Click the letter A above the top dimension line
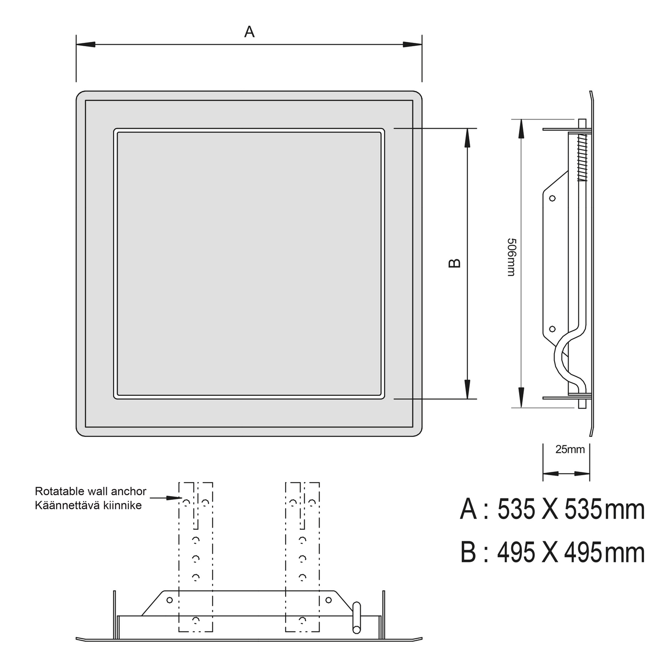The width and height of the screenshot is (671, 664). (x=249, y=32)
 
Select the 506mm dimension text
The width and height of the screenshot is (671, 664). (x=511, y=257)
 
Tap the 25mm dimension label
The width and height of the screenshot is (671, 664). (x=570, y=450)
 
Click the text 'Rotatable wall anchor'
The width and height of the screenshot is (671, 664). (x=90, y=491)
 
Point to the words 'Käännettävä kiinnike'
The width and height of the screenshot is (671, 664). (x=88, y=505)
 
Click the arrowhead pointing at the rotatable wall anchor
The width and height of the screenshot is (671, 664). (x=174, y=498)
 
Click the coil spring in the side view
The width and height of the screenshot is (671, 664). (x=582, y=158)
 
